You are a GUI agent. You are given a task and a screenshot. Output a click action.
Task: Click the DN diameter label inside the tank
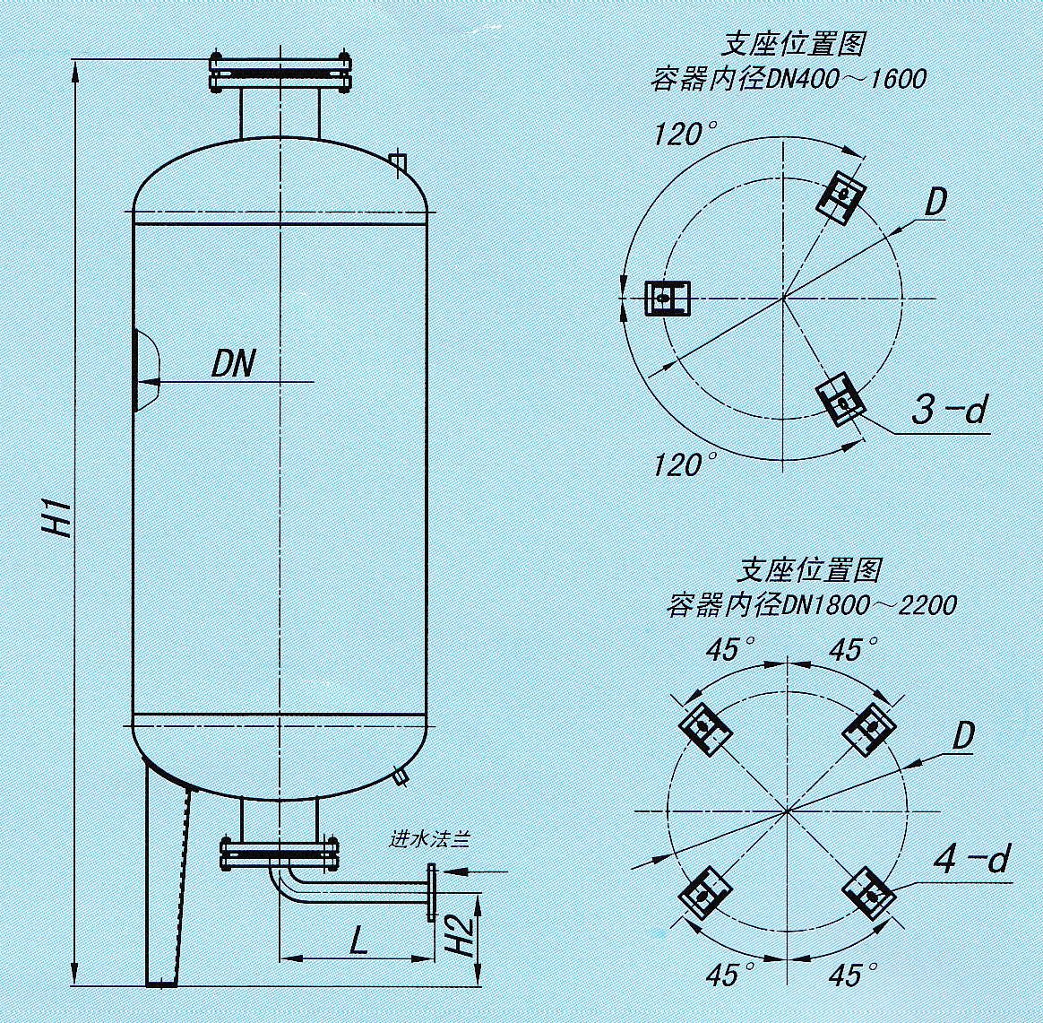[x=233, y=364]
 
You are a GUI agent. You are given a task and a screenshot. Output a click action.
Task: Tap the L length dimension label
[x=358, y=941]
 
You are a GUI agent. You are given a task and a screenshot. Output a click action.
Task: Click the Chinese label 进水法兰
[x=429, y=840]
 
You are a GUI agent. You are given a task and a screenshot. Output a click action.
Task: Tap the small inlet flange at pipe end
[x=433, y=893]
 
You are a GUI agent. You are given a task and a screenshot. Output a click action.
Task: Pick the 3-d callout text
[x=948, y=411]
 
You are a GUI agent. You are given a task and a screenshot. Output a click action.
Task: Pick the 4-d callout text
[x=971, y=860]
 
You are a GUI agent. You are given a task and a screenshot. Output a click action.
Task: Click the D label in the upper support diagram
[x=935, y=203]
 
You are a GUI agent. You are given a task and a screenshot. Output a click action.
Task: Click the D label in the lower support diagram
[x=962, y=737]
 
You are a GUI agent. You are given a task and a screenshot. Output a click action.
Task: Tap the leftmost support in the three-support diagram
[x=668, y=298]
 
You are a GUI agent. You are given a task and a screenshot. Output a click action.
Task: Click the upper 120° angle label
[x=685, y=135]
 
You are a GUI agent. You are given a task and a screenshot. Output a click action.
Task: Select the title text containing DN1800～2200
[x=810, y=605]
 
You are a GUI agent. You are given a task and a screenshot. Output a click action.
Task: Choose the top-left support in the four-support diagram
[x=705, y=725]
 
